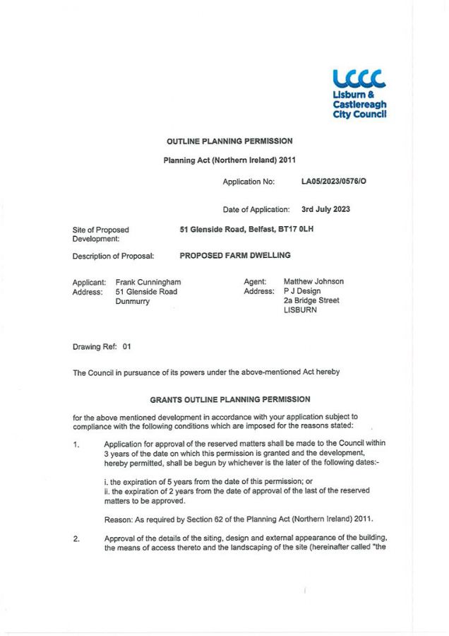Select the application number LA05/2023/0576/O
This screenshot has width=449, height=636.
[333, 182]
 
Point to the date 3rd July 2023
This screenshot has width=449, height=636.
[325, 209]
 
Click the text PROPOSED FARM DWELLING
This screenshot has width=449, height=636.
[234, 255]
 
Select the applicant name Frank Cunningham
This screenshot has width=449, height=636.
[152, 281]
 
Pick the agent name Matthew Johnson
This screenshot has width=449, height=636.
[313, 281]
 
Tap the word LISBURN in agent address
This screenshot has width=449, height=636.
[300, 310]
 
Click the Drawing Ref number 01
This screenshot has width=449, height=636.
[127, 347]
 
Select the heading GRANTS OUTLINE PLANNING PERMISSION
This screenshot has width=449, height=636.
[229, 399]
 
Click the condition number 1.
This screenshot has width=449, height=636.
[76, 444]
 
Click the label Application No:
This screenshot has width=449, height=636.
[249, 182]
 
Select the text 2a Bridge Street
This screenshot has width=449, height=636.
[311, 300]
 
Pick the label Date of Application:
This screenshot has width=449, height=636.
[256, 209]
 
